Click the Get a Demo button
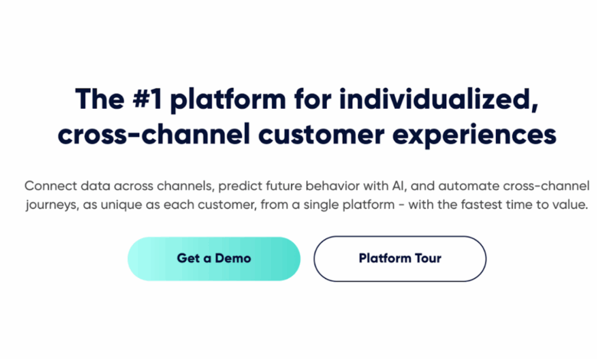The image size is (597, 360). [214, 258]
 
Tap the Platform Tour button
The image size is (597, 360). [400, 258]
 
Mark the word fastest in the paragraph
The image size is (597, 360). [462, 205]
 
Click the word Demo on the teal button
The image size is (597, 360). [233, 258]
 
